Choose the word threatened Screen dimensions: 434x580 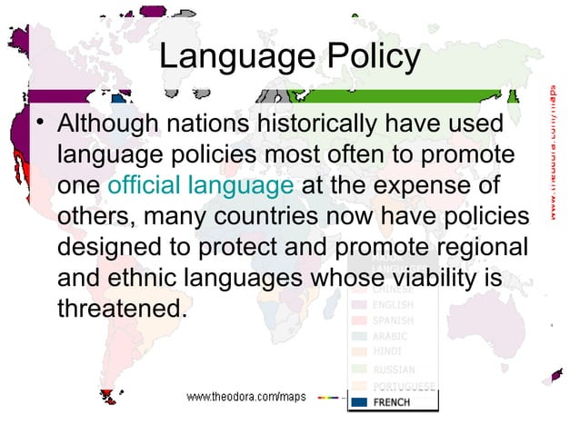pos(121,309)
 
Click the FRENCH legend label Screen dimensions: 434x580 pos(391,402)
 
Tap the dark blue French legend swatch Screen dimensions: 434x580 pos(359,402)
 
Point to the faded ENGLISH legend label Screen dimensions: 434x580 pos(393,304)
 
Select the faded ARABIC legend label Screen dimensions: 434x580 pos(391,337)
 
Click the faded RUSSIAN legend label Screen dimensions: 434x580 pos(394,370)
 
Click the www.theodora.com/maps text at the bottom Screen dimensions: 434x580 pos(246,397)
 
